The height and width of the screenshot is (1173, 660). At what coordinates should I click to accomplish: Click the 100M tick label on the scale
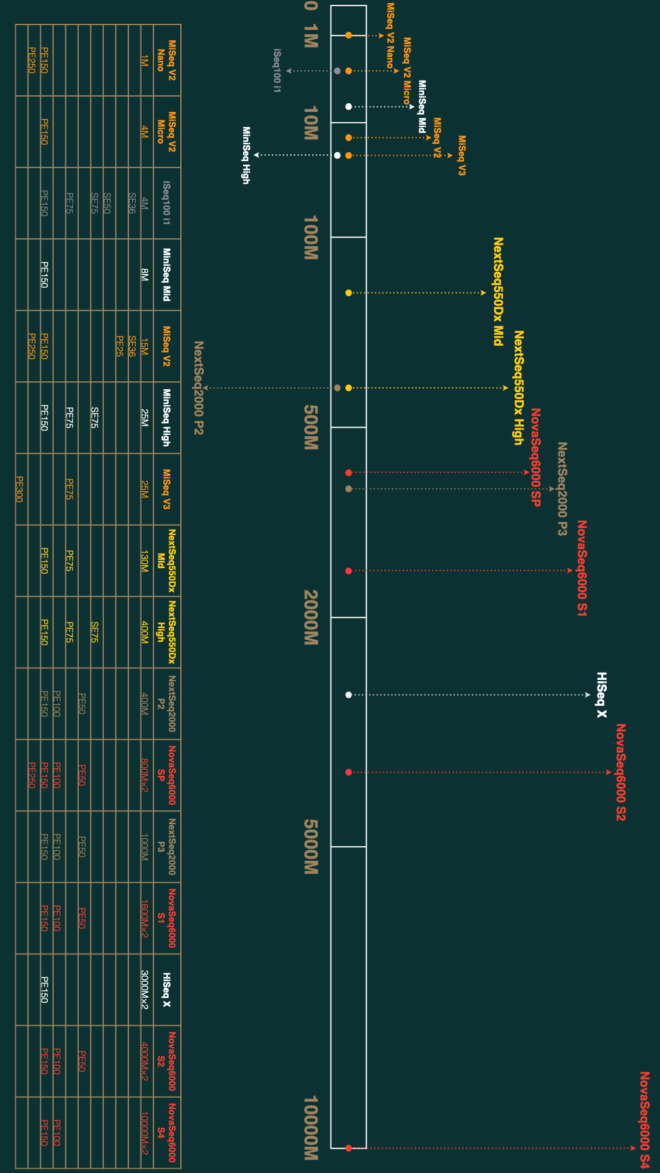311,237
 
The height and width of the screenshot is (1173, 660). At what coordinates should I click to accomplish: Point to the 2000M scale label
311,617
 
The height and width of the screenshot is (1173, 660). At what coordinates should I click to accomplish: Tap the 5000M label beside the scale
311,846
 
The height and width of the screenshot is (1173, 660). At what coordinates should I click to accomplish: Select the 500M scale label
311,427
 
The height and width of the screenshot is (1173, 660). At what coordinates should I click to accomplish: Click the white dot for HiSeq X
348,695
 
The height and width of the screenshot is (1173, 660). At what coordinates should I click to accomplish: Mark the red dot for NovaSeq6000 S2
348,772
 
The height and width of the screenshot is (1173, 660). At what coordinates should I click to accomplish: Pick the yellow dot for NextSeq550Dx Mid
348,293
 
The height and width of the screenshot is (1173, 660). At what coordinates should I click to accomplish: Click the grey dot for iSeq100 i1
337,71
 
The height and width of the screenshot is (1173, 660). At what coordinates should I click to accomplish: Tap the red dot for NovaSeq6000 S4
348,1148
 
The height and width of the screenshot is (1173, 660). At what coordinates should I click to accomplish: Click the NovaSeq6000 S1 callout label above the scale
582,568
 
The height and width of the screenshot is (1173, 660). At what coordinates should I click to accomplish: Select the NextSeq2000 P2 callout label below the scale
199,388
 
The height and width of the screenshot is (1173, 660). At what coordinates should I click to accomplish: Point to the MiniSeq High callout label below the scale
246,155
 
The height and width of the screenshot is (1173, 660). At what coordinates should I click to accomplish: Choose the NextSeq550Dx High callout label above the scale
519,387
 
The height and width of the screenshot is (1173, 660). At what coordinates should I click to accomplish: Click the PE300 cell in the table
19,489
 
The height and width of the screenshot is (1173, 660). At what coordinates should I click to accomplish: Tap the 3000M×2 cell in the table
144,989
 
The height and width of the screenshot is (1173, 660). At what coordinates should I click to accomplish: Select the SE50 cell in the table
107,203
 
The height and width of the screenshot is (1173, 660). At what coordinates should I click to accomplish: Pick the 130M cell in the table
144,560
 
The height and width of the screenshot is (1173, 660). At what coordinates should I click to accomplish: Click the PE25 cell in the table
120,346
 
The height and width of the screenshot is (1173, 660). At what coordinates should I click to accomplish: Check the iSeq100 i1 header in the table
166,203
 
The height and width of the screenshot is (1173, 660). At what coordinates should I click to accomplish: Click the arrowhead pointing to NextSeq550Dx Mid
483,293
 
